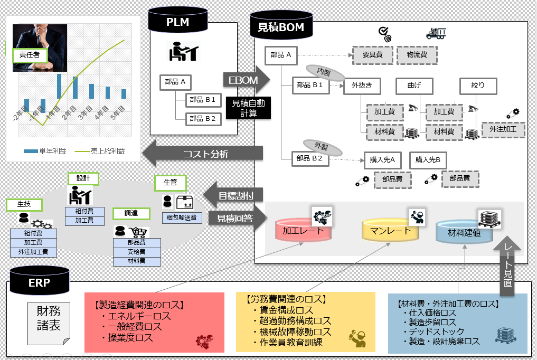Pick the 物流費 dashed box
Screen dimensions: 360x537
point(417,54)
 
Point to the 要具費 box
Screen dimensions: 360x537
point(372,54)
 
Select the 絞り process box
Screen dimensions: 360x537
point(478,85)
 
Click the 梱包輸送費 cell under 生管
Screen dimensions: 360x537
point(181,217)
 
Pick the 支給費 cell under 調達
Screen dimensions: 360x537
point(136,251)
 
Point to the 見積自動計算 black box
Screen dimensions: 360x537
point(245,108)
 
